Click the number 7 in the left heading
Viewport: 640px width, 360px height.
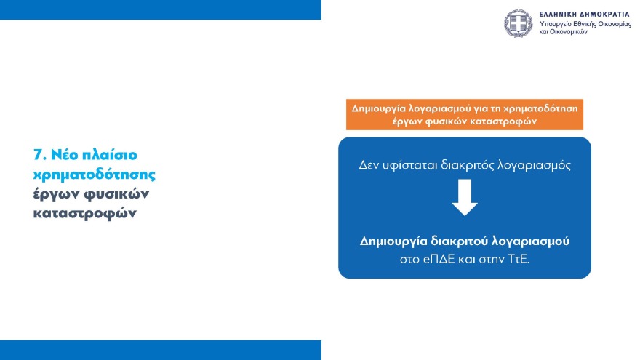[x=38, y=155]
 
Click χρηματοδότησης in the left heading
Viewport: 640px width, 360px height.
[x=95, y=175]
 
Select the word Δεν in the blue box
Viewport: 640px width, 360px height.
[x=371, y=164]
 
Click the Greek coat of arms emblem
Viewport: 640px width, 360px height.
[x=519, y=23]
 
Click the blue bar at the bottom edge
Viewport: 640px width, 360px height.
[x=160, y=350]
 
